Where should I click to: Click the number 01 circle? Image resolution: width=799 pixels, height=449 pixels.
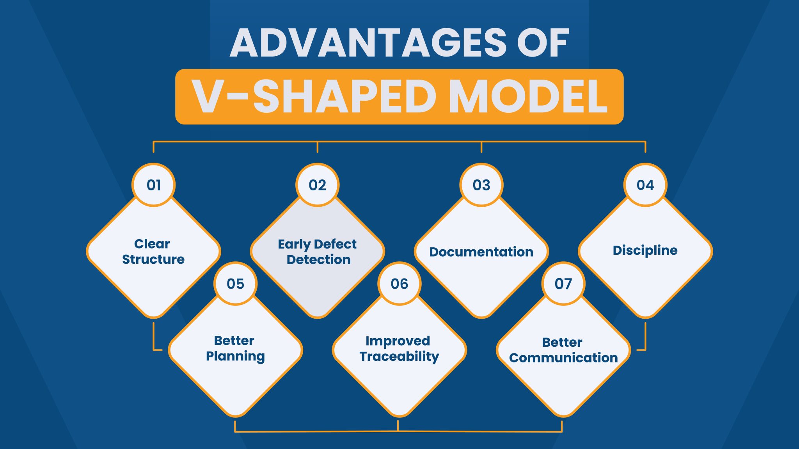click(x=154, y=185)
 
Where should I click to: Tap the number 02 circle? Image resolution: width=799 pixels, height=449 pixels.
click(x=318, y=185)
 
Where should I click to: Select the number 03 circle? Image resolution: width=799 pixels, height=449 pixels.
click(x=481, y=185)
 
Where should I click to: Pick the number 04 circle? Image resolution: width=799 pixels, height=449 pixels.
click(x=645, y=185)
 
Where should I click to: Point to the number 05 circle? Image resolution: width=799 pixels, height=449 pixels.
click(x=236, y=284)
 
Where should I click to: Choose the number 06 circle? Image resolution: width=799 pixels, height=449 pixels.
click(x=399, y=284)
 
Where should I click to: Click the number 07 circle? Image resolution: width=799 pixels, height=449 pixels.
click(x=563, y=284)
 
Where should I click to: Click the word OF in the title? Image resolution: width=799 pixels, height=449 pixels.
click(x=543, y=43)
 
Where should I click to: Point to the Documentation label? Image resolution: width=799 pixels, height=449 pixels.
click(x=481, y=252)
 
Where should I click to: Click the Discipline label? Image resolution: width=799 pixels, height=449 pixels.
click(x=645, y=250)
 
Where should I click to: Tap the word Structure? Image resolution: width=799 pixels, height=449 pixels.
click(x=153, y=259)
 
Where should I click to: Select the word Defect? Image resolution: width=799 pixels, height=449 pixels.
click(x=335, y=244)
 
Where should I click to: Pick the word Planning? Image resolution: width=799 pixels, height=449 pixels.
click(x=235, y=356)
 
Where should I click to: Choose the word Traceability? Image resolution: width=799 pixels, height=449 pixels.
click(x=399, y=357)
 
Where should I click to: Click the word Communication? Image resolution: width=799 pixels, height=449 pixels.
click(x=563, y=358)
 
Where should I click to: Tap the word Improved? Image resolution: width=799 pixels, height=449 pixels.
click(x=398, y=341)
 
